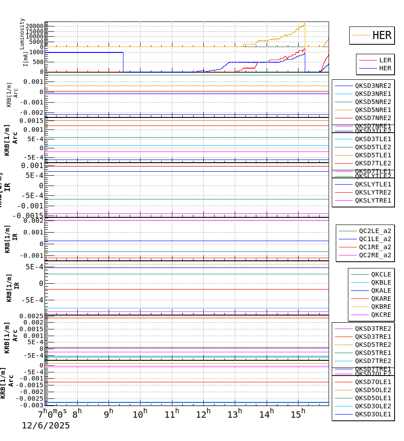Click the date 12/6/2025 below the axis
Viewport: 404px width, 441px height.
tap(46, 426)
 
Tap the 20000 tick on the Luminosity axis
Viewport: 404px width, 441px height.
tap(34, 26)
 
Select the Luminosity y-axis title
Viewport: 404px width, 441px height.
tap(22, 34)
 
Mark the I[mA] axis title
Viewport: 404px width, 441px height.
tap(26, 58)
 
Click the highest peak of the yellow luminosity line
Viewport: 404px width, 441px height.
tap(304, 23)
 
